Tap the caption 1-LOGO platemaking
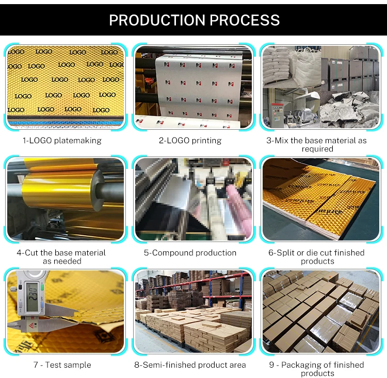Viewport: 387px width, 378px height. point(62,140)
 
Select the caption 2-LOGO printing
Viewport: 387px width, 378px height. point(190,140)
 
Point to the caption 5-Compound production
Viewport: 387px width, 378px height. point(190,253)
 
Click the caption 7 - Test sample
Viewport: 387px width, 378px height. point(62,365)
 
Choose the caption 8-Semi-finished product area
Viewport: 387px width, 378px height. point(190,365)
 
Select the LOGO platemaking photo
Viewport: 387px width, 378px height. point(65,86)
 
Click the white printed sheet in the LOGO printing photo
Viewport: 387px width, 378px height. point(186,85)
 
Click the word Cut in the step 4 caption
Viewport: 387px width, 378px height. point(32,253)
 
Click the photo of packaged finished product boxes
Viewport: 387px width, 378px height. point(319,311)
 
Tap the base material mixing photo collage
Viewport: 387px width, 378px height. point(319,86)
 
